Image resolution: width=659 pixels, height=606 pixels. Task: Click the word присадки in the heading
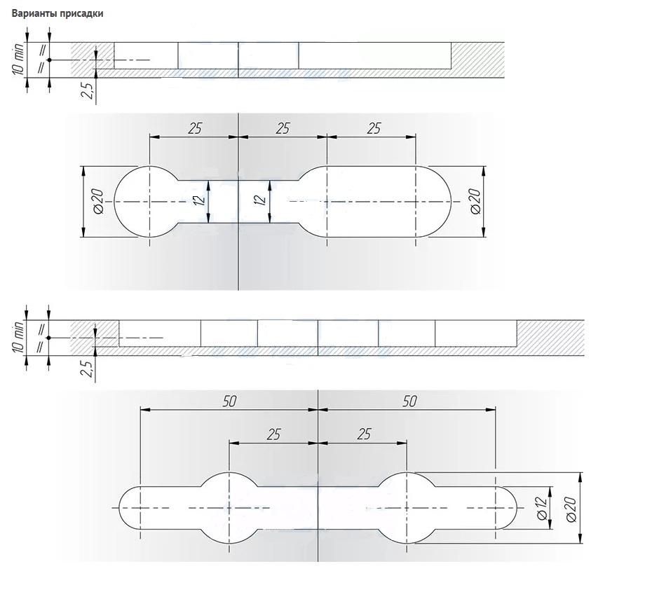click(81, 14)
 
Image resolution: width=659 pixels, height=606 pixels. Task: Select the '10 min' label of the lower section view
click(18, 338)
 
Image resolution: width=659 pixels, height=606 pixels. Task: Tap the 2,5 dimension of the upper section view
click(88, 90)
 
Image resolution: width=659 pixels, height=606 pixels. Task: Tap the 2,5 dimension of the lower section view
click(87, 368)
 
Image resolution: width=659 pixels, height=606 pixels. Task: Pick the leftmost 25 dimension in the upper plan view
click(195, 128)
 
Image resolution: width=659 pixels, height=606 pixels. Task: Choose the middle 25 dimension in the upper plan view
click(283, 128)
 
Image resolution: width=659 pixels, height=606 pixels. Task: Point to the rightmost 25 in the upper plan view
click(374, 128)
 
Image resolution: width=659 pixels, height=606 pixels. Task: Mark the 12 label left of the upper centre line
click(201, 200)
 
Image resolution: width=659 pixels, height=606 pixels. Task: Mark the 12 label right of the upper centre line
click(261, 200)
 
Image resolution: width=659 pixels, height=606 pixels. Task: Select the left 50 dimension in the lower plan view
click(229, 401)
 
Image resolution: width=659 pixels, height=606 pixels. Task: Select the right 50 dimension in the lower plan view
click(409, 401)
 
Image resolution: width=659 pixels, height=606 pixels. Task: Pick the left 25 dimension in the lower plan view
click(273, 434)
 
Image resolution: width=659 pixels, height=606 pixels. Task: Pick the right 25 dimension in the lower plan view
click(364, 434)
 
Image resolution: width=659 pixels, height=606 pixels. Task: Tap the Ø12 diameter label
click(542, 508)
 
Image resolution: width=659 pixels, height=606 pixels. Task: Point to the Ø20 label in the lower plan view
click(571, 509)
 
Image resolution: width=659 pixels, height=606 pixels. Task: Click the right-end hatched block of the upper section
click(478, 60)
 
